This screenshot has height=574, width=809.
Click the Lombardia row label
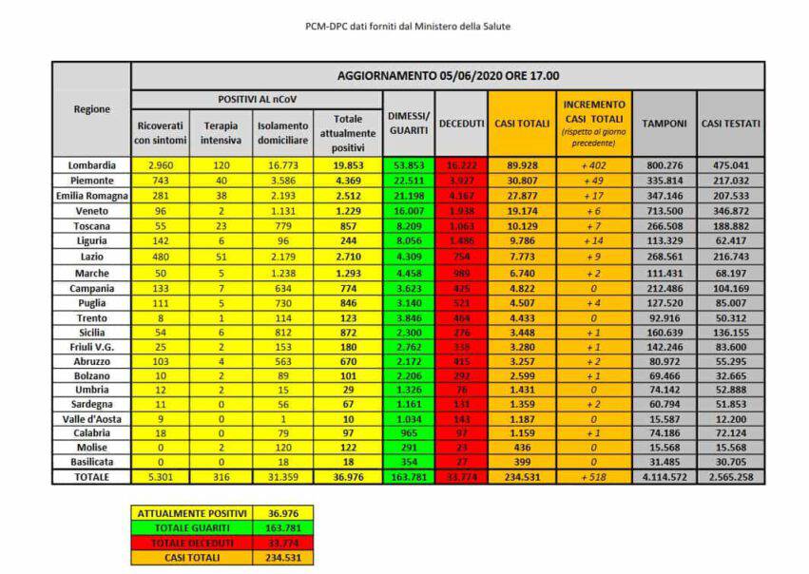[91, 164]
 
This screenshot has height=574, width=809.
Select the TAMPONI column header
[664, 124]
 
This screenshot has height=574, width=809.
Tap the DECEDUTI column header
[461, 124]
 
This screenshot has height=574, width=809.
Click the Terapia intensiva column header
[221, 133]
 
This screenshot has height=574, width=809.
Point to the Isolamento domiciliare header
[282, 133]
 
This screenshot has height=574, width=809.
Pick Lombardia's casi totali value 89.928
[521, 164]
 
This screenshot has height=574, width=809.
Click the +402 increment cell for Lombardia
[593, 164]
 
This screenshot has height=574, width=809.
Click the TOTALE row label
[91, 476]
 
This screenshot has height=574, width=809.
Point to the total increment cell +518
[593, 476]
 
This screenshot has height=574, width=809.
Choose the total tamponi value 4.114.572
[664, 476]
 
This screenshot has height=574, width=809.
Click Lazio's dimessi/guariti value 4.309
[408, 258]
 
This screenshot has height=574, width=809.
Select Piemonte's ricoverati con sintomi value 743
[159, 180]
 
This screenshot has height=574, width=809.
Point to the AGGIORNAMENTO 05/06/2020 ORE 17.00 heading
[448, 75]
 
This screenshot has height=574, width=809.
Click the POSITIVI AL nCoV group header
[256, 99]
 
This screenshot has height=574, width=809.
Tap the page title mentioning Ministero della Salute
[407, 27]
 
